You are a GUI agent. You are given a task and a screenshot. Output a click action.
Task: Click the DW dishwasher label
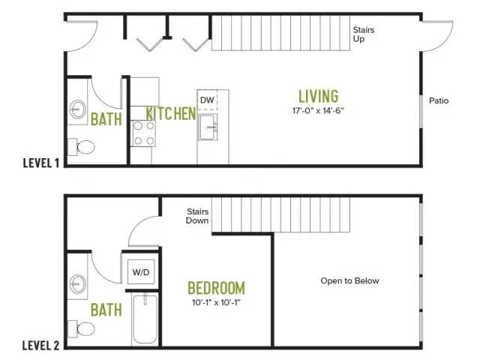click(x=207, y=100)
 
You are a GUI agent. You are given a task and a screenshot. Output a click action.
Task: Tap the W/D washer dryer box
click(x=141, y=272)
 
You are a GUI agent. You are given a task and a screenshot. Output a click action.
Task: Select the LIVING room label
click(x=319, y=96)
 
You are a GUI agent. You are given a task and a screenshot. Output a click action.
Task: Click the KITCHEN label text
click(x=171, y=113)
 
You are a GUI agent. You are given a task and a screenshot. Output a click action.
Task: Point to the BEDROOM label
click(x=217, y=288)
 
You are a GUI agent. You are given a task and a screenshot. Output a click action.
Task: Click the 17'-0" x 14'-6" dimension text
click(x=318, y=111)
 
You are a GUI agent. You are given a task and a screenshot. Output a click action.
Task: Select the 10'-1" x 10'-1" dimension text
click(x=216, y=303)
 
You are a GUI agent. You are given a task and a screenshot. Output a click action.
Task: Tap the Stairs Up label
click(x=363, y=34)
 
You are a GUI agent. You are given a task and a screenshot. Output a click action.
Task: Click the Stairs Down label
click(x=197, y=216)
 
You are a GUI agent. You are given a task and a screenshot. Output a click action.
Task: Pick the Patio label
click(x=439, y=100)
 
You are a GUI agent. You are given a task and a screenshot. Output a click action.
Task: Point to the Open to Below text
click(x=349, y=280)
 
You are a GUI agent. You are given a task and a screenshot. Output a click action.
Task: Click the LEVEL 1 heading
click(x=41, y=163)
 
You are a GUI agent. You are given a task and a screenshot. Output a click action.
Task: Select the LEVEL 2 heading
click(x=40, y=346)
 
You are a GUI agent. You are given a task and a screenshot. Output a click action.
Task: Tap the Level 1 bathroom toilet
click(x=82, y=147)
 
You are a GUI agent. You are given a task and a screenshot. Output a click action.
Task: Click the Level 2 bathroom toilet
click(x=82, y=329)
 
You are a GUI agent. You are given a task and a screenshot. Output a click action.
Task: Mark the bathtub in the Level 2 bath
click(x=145, y=319)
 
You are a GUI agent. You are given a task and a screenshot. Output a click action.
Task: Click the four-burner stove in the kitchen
click(x=143, y=133)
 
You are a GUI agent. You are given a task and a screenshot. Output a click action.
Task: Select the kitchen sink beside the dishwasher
click(x=208, y=127)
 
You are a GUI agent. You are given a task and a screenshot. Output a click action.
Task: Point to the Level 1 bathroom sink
click(x=78, y=109)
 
